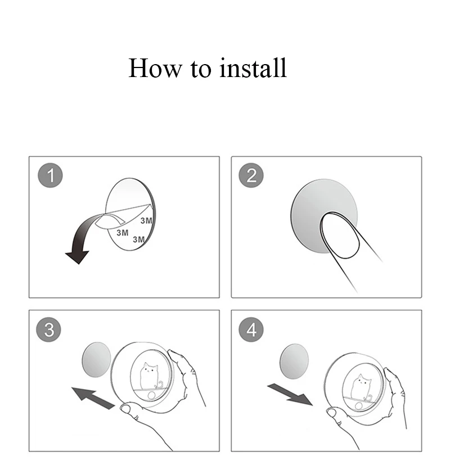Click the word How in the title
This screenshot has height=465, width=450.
coord(155,68)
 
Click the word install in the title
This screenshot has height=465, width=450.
coord(253,68)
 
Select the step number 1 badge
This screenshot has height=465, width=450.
coord(50,175)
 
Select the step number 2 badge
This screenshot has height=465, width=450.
coord(251,175)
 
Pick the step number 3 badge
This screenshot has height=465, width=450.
coord(48,329)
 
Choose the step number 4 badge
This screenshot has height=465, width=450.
coord(251,329)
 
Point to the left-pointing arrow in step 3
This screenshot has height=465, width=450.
coord(93,398)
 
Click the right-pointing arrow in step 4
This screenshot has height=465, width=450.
coord(290,394)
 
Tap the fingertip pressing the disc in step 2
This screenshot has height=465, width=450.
coord(340,234)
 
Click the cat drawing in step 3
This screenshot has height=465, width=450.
coord(150,376)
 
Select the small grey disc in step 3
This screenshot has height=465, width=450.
coord(96,359)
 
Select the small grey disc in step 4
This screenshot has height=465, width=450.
coord(294,361)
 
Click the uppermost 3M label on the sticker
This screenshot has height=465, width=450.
coord(146,220)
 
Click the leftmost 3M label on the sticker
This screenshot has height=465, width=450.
coord(122,233)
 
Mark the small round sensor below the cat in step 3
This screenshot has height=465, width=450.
coord(151,395)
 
